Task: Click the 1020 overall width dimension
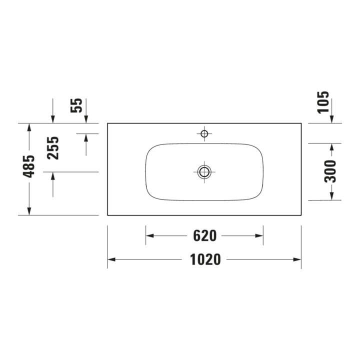[x=205, y=259]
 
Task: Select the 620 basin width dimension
[x=205, y=236]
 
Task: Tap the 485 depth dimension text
[x=28, y=166]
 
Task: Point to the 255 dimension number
[x=53, y=148]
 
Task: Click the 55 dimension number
[x=76, y=105]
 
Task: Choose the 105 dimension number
[x=323, y=102]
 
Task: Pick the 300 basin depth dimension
[x=330, y=171]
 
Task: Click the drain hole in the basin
[x=204, y=171]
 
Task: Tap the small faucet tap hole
[x=204, y=133]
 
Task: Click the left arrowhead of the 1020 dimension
[x=111, y=259]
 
